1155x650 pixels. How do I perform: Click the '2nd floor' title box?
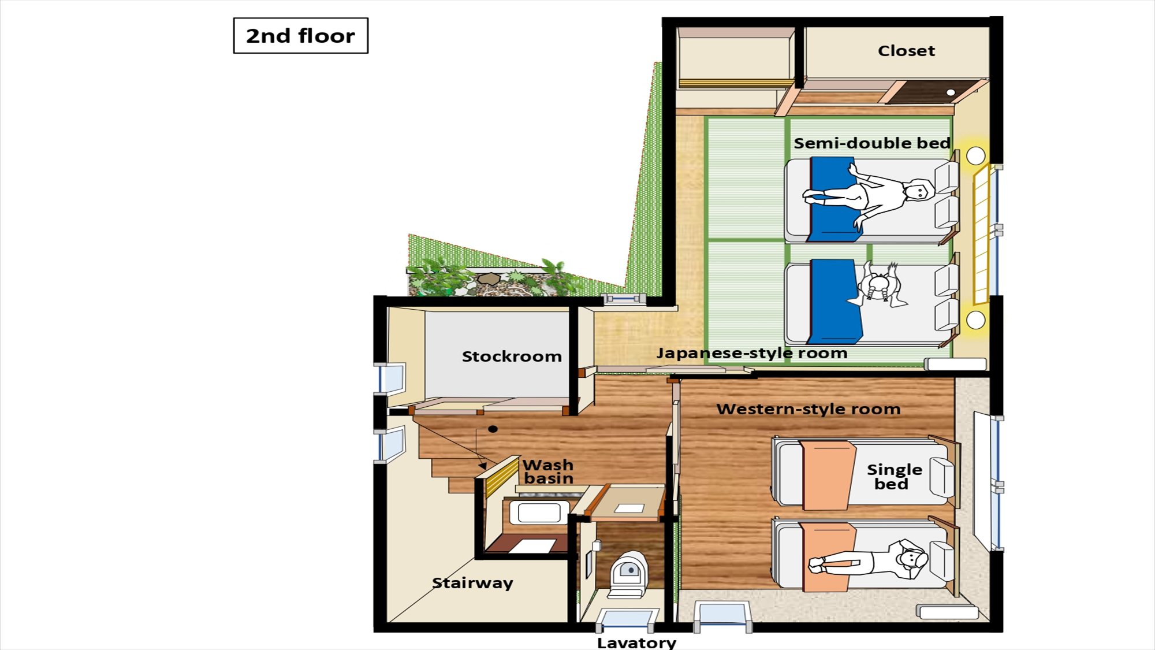pyautogui.click(x=300, y=36)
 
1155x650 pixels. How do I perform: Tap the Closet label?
pyautogui.click(x=906, y=51)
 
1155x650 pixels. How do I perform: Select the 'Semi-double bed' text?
pyautogui.click(x=872, y=143)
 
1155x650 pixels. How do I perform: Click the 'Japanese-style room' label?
pyautogui.click(x=751, y=353)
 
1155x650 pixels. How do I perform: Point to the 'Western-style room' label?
pyautogui.click(x=808, y=409)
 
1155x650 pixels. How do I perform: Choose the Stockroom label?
pyautogui.click(x=512, y=356)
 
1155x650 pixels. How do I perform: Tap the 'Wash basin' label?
pyautogui.click(x=548, y=471)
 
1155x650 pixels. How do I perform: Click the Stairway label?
pyautogui.click(x=472, y=583)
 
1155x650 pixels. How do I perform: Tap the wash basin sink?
pyautogui.click(x=539, y=512)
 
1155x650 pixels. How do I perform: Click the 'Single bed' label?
pyautogui.click(x=894, y=477)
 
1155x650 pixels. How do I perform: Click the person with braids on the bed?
pyautogui.click(x=879, y=285)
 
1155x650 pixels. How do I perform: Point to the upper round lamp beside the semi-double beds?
pyautogui.click(x=975, y=155)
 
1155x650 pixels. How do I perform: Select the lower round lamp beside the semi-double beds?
pyautogui.click(x=975, y=320)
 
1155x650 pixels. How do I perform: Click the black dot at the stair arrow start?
pyautogui.click(x=493, y=429)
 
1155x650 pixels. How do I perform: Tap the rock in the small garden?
pyautogui.click(x=489, y=279)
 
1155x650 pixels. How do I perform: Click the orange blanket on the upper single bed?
pyautogui.click(x=828, y=475)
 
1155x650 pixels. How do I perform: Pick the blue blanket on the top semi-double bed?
pyautogui.click(x=834, y=199)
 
